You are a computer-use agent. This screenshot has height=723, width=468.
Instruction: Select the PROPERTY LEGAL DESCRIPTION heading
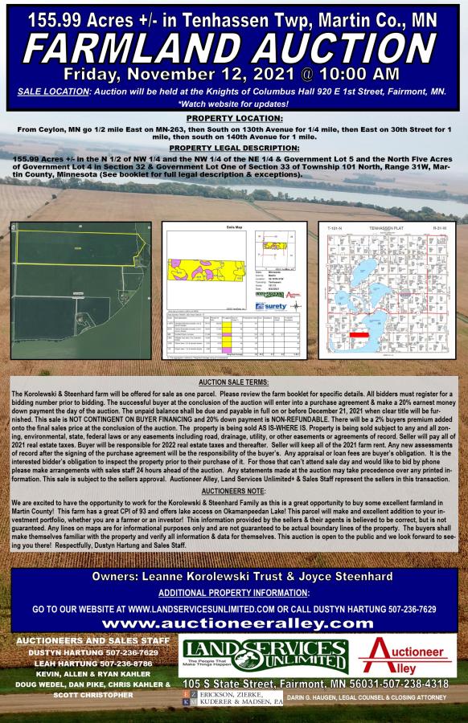[233, 148]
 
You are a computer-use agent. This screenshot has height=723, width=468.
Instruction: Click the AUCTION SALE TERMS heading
[233, 382]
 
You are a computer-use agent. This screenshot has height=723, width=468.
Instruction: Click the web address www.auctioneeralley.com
[233, 623]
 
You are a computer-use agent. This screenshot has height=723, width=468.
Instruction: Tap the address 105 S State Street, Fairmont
[315, 683]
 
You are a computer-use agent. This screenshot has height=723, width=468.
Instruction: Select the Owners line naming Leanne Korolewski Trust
[233, 577]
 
